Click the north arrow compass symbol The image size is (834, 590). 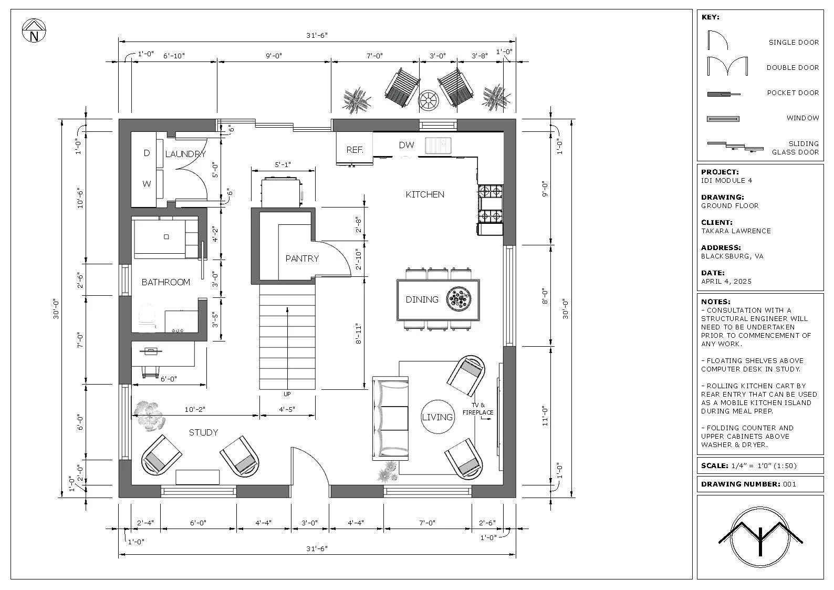(34, 31)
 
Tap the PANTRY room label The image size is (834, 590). (302, 258)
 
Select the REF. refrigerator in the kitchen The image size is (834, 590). (355, 148)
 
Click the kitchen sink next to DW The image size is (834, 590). (438, 145)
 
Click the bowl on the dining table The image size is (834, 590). (458, 298)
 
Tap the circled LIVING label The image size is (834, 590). (437, 417)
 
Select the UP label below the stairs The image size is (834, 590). (287, 394)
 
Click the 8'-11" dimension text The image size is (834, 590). (358, 334)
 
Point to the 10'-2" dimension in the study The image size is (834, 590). (195, 409)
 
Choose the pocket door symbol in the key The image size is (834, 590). (723, 94)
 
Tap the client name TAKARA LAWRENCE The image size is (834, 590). (736, 231)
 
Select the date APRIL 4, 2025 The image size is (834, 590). (726, 282)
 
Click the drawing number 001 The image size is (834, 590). (789, 484)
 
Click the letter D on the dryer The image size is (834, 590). (147, 153)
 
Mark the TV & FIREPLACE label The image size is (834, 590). (478, 409)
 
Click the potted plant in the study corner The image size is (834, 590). (149, 416)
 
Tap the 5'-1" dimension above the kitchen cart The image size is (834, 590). (283, 164)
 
